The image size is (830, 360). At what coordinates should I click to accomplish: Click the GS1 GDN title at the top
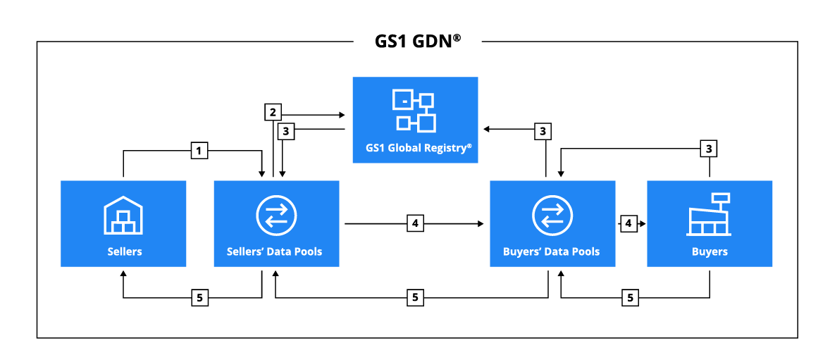pyautogui.click(x=417, y=41)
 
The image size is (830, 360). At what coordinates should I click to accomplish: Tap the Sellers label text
pyautogui.click(x=124, y=251)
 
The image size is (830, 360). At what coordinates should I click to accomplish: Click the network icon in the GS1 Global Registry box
pyautogui.click(x=415, y=111)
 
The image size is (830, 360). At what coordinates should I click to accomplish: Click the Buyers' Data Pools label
pyautogui.click(x=552, y=251)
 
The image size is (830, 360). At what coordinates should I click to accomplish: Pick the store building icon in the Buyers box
pyautogui.click(x=709, y=214)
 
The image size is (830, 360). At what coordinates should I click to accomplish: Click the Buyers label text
pyautogui.click(x=710, y=251)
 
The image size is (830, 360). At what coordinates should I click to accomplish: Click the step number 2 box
pyautogui.click(x=273, y=111)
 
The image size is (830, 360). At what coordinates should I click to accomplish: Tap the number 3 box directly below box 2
pyautogui.click(x=285, y=130)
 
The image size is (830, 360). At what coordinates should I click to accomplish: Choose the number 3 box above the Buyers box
pyautogui.click(x=709, y=149)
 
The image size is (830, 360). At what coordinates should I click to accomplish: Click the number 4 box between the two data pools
pyautogui.click(x=415, y=223)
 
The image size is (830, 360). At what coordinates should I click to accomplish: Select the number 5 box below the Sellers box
pyautogui.click(x=200, y=298)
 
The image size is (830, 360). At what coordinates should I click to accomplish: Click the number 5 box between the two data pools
pyautogui.click(x=415, y=298)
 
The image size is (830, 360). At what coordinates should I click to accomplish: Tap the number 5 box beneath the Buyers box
pyautogui.click(x=630, y=298)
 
